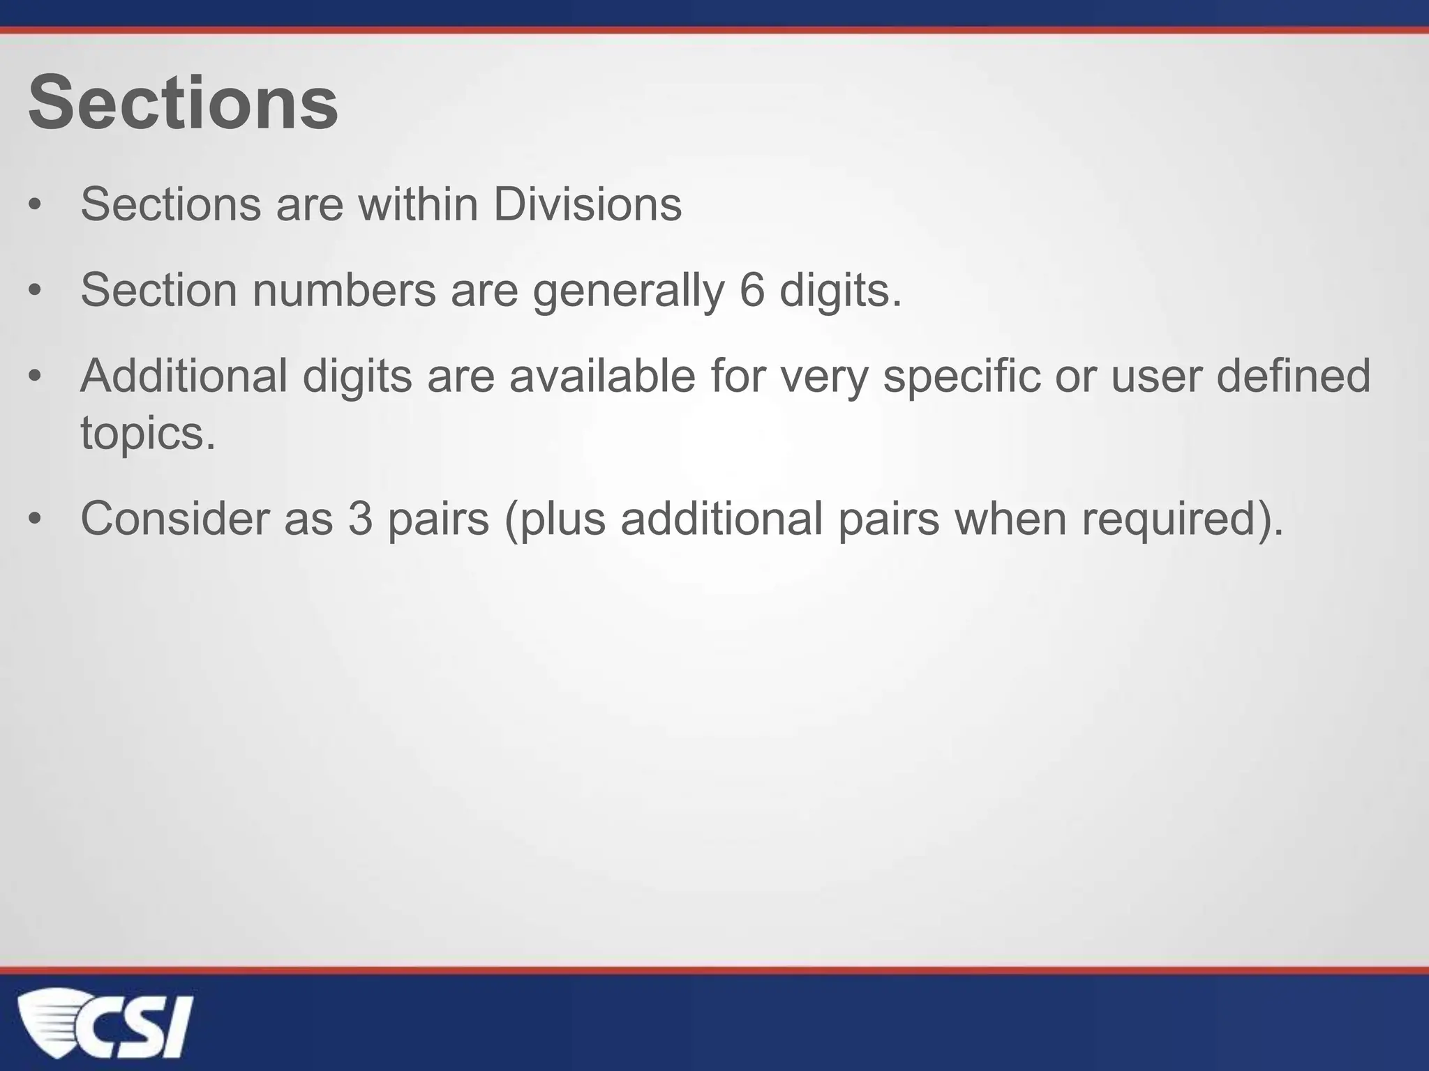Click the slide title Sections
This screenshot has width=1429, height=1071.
pyautogui.click(x=183, y=103)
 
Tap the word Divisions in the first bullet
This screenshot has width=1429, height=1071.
pyautogui.click(x=588, y=204)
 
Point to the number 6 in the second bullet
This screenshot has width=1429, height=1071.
pyautogui.click(x=751, y=290)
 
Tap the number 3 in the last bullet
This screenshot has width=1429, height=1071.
pyautogui.click(x=360, y=519)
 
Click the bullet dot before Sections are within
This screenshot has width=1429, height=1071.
pyautogui.click(x=36, y=206)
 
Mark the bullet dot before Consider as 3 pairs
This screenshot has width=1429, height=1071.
pyautogui.click(x=36, y=520)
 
